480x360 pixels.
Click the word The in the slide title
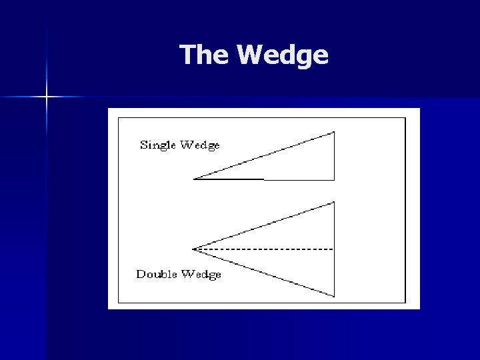coord(204,55)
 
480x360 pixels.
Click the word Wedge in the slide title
coord(283,56)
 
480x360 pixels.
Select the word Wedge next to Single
coord(201,145)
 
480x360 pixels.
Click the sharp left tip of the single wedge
coord(195,179)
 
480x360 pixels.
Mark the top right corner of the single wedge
coord(334,132)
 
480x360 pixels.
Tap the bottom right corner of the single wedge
coord(334,179)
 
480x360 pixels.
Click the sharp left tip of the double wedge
coord(193,249)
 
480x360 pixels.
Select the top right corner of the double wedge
coord(334,202)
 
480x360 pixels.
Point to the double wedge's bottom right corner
coord(334,296)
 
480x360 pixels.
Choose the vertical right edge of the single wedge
coord(334,156)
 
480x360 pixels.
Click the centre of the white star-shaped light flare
coord(47,97)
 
